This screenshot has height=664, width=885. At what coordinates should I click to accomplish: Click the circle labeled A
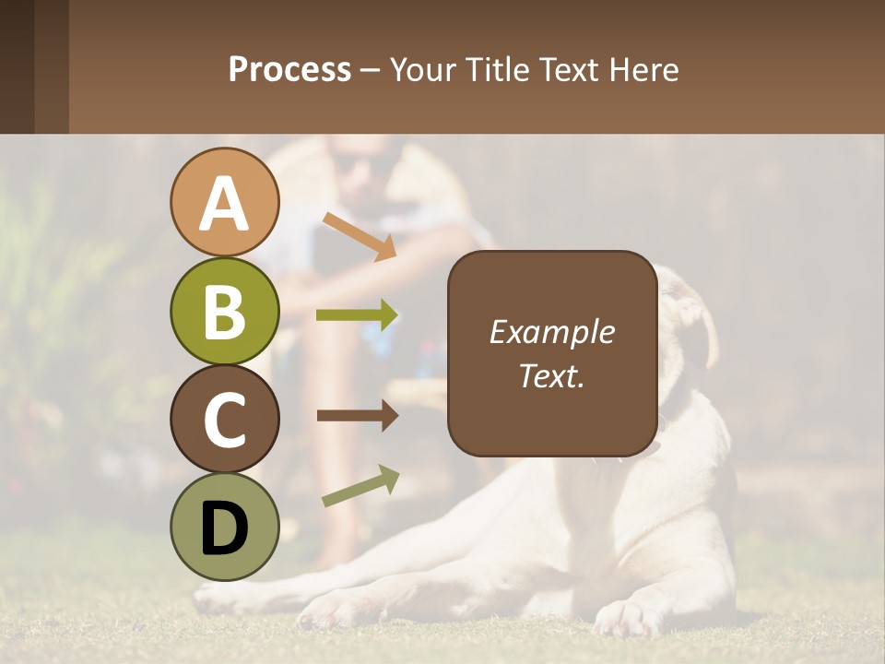coord(224,202)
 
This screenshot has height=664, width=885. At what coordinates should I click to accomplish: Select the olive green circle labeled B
coord(224,311)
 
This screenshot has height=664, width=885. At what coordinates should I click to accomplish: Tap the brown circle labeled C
coord(224,419)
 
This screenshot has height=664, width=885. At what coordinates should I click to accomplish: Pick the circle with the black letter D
coord(224,527)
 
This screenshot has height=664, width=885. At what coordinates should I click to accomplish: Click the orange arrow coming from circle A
coord(360,236)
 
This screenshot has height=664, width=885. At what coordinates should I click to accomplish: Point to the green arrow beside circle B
coord(357,315)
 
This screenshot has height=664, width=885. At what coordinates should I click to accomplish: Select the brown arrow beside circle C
coord(357,416)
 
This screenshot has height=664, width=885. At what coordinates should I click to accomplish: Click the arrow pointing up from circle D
coord(360,486)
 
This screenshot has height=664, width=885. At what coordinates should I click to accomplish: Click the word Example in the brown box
coord(551,332)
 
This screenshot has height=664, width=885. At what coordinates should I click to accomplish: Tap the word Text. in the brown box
coord(551,375)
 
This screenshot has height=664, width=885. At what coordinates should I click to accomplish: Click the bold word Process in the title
coord(289,69)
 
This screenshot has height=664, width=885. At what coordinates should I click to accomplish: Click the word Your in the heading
coord(420,69)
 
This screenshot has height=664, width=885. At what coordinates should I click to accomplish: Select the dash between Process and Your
coord(370,71)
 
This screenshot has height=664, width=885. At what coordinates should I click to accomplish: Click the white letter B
coord(224,311)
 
